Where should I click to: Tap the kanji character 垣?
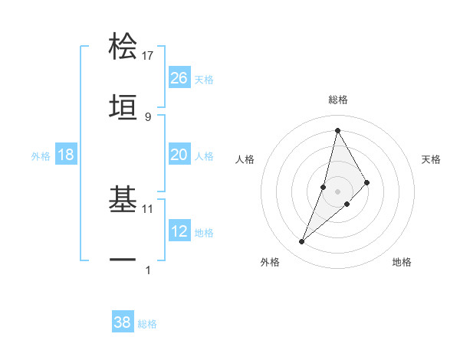coord(123,105)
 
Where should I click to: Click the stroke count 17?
coord(148,56)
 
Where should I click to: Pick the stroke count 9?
coord(148,116)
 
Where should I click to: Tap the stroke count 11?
coord(148,208)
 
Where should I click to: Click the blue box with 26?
coord(179,77)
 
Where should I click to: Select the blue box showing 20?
coord(179,155)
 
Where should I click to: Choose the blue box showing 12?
coord(179,231)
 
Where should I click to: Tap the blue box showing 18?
coord(66,155)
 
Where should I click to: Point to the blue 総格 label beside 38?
coord(147,324)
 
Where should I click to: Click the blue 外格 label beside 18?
coord(41,156)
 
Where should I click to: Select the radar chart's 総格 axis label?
coord(337,100)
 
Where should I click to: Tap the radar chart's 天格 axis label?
coord(432,159)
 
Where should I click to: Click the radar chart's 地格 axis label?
coord(402,262)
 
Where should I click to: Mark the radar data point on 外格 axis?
coord(302,242)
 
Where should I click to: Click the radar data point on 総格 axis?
coord(337,130)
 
